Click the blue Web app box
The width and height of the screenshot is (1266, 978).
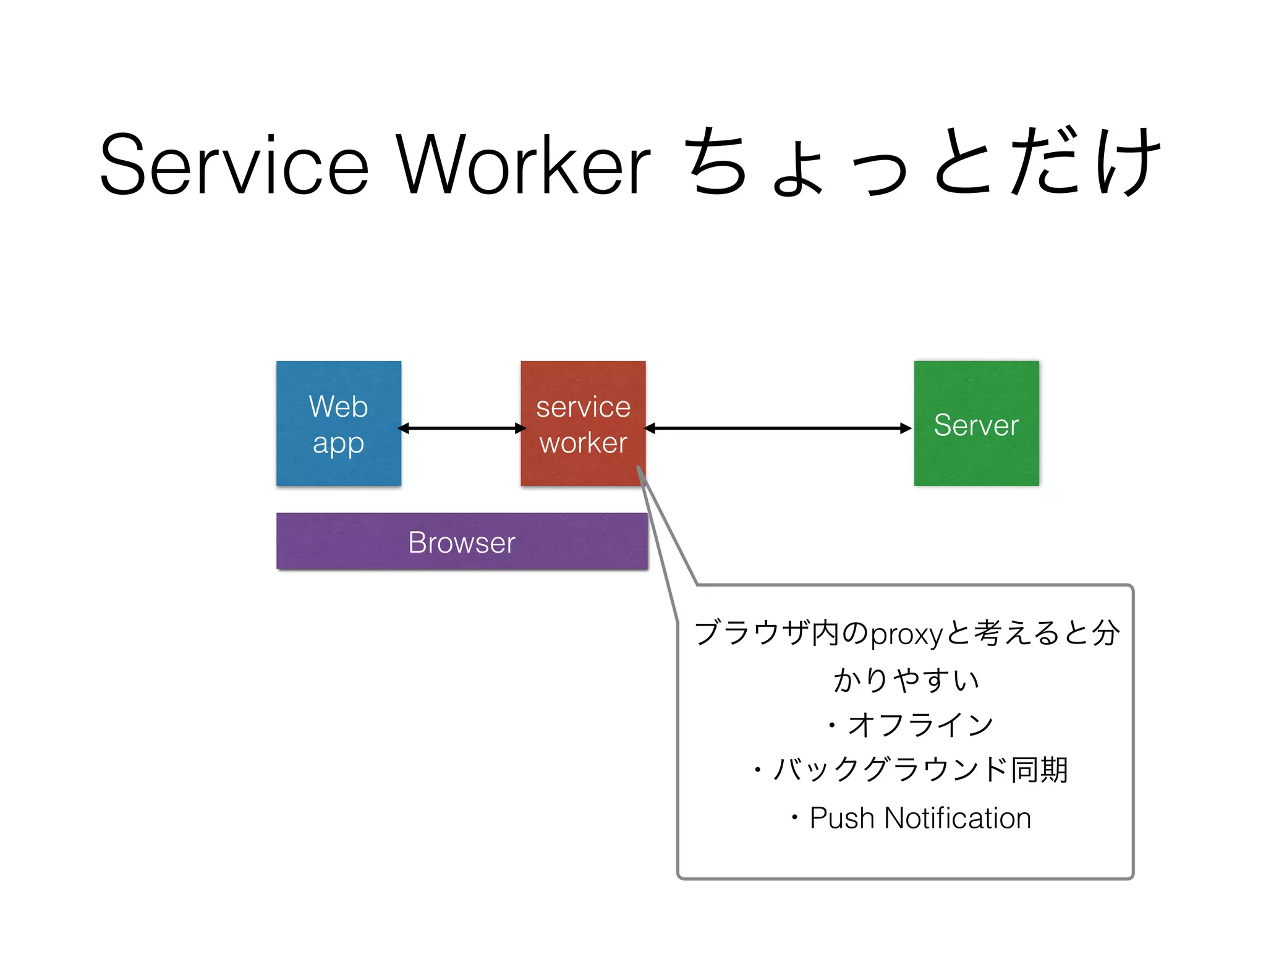(339, 423)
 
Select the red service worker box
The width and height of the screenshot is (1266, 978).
(583, 423)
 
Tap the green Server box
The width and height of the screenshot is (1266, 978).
(976, 423)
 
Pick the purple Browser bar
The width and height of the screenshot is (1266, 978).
(462, 542)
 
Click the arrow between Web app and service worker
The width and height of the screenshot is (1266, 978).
(461, 428)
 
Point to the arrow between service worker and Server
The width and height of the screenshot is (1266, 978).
(778, 428)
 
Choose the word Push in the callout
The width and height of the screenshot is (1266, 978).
(841, 818)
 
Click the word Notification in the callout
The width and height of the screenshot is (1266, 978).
(958, 818)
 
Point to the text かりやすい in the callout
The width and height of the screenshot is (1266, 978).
(906, 680)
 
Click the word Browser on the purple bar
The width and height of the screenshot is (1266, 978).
(462, 543)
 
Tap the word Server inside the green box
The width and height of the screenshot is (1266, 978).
(976, 425)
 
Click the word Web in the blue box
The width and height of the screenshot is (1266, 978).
(338, 407)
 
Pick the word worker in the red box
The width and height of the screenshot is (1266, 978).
(583, 443)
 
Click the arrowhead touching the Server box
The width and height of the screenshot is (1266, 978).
(906, 428)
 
